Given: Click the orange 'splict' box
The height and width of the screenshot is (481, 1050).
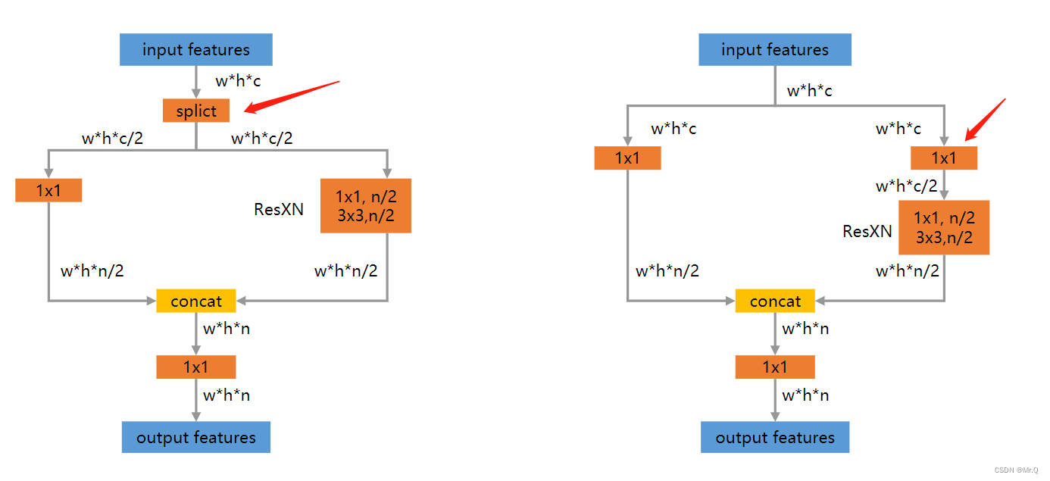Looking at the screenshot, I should tap(196, 111).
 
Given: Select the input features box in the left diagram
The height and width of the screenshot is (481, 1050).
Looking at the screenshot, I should tap(196, 51).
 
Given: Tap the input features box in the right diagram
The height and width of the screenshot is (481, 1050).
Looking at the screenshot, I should tap(775, 51).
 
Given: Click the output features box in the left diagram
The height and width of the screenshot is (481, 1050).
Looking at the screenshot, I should tap(196, 438).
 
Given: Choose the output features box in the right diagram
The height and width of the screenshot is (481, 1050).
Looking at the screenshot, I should tap(775, 438).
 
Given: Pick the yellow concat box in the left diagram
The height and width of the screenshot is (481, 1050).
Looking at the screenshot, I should tap(196, 301).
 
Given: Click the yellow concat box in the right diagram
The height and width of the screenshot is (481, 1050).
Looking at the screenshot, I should tap(775, 301).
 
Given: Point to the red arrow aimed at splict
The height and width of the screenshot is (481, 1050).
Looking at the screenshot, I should tap(292, 97).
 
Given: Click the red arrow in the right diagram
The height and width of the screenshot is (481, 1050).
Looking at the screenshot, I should tap(986, 119).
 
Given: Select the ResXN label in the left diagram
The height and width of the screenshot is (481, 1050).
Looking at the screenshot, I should tap(279, 209).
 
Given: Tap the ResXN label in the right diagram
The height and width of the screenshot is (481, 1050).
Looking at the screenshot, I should tap(867, 231).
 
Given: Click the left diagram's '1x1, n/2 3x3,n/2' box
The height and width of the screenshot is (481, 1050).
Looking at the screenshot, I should tap(366, 205).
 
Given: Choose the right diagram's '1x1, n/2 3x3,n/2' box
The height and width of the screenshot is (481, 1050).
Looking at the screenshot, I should tap(944, 227).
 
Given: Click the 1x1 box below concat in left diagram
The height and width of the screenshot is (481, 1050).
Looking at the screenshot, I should tap(196, 367).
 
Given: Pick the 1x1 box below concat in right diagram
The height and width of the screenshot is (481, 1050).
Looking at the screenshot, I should tap(775, 367).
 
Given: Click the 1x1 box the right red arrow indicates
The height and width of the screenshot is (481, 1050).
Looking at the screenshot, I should tap(944, 158).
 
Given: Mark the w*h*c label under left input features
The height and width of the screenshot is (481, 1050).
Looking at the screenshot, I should tap(238, 81).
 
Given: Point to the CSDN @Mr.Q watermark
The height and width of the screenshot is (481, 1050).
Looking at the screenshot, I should tap(1017, 470).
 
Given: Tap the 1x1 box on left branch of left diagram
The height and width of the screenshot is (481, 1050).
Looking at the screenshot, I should tap(48, 190).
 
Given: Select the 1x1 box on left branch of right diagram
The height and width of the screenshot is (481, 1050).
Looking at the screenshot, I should tap(627, 158).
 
